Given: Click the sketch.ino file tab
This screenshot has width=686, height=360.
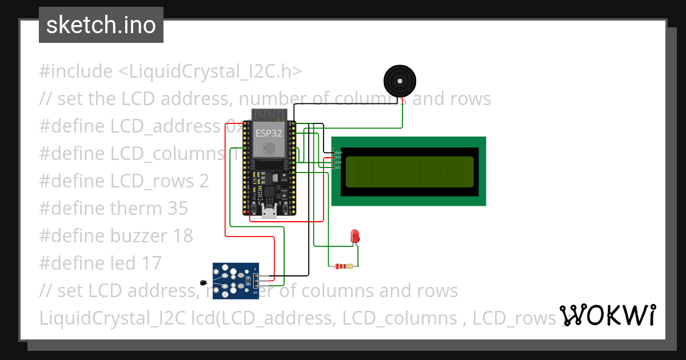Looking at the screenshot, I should pos(101,25).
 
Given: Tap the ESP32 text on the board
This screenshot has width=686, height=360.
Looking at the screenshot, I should pos(269,133).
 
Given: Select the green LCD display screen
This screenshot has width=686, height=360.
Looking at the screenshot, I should pos(409,171).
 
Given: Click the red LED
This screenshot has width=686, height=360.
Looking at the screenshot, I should pos(354,235).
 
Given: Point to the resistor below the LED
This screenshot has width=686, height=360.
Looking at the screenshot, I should pos(343,266).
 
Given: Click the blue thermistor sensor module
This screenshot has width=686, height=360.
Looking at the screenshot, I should pos(236,281).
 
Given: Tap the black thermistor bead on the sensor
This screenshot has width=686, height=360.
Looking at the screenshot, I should pos(204,282).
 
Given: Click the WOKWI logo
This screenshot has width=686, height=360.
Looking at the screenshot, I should pos(608,315).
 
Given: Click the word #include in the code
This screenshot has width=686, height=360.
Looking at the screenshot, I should pos(76,71).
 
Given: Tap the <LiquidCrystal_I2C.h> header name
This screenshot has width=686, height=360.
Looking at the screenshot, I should pos(210,71).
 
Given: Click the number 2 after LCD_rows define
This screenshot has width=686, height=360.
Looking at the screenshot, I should pos(204,181).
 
